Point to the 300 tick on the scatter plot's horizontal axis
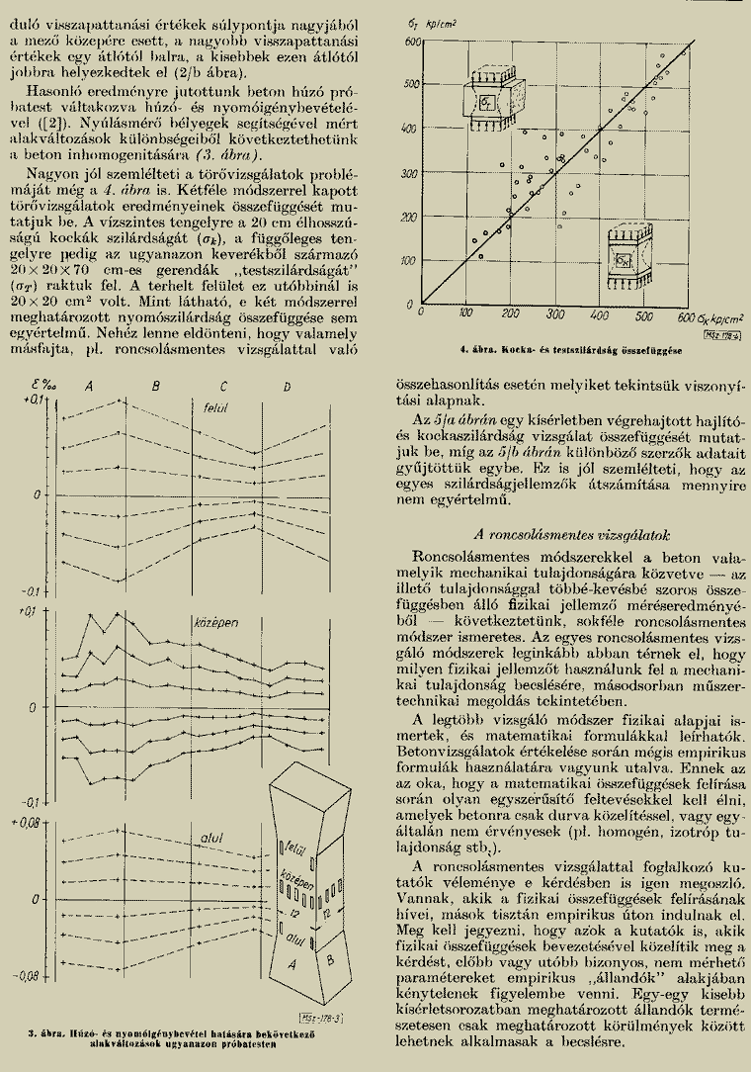point(555,315)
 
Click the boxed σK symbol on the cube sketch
point(624,260)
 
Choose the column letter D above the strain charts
point(287,386)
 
